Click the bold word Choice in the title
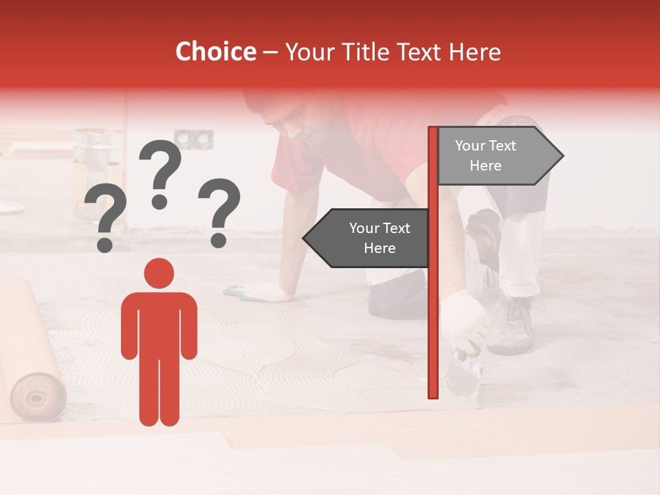(215, 52)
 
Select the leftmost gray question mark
(105, 219)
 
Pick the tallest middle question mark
(160, 172)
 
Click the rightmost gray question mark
(219, 210)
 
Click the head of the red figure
(159, 274)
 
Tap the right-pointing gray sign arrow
(498, 156)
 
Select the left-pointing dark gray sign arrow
(368, 238)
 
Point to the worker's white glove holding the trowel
(463, 320)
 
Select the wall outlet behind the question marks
(193, 140)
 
